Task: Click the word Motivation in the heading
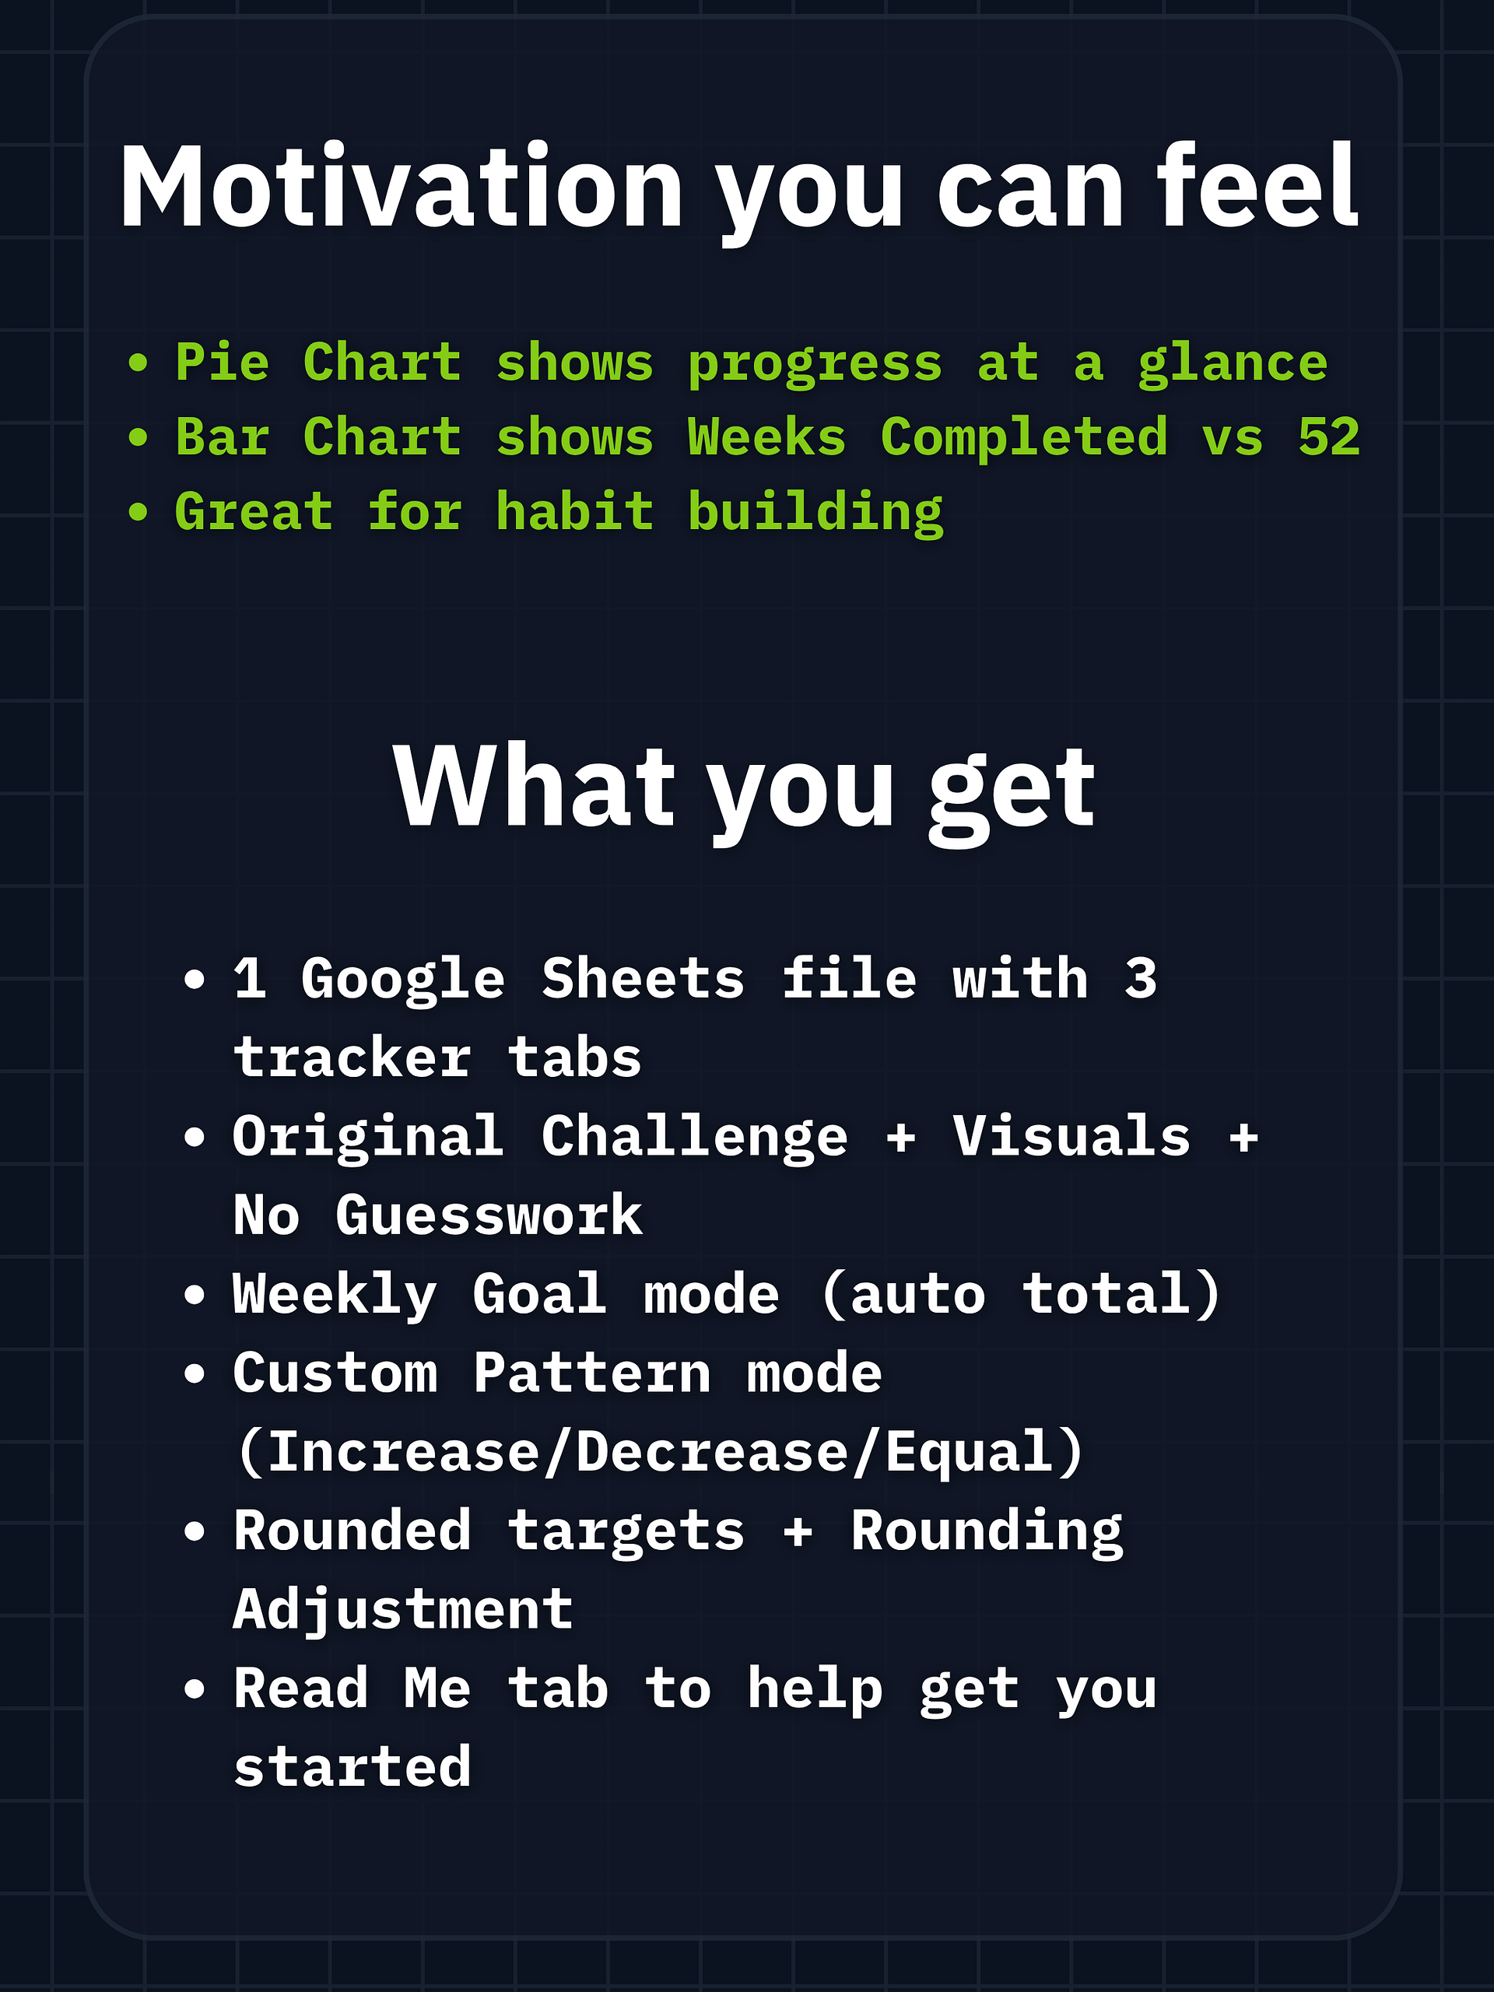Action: click(402, 187)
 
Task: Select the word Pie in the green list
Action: click(223, 362)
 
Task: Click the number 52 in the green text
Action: click(1329, 437)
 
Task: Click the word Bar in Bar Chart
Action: click(223, 437)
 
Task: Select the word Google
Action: click(402, 980)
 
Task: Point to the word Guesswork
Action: click(489, 1215)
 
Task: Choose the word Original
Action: click(367, 1138)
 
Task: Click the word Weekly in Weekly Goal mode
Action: click(335, 1295)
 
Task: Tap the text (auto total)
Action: click(1020, 1295)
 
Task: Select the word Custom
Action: click(335, 1373)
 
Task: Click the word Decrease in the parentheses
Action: click(711, 1452)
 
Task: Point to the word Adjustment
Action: click(402, 1611)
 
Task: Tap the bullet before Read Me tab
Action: click(195, 1689)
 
